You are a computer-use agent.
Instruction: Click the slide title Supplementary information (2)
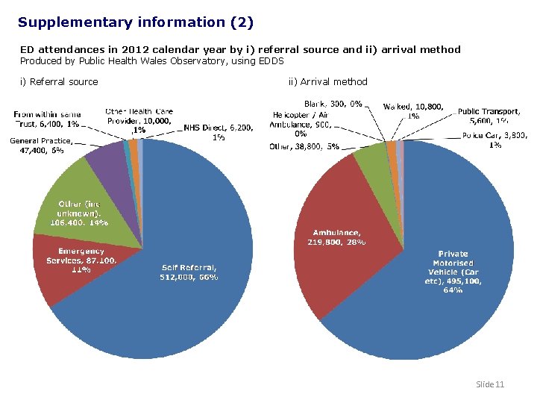[136, 22]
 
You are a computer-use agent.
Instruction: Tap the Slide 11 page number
[490, 384]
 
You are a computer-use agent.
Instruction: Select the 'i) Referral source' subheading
[59, 81]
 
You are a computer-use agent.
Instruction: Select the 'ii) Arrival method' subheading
[327, 81]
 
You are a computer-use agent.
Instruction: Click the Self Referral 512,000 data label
[189, 272]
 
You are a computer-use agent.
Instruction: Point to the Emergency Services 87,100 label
[81, 260]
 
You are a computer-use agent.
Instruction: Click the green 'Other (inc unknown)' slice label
[78, 213]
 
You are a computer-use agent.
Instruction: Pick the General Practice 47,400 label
[41, 145]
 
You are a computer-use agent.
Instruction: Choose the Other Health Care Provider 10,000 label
[139, 120]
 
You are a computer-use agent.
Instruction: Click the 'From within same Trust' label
[46, 119]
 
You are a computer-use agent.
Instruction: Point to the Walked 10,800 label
[413, 111]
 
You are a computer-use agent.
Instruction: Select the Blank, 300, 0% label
[333, 104]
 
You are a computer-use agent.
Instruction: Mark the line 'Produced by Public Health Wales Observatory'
[152, 60]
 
